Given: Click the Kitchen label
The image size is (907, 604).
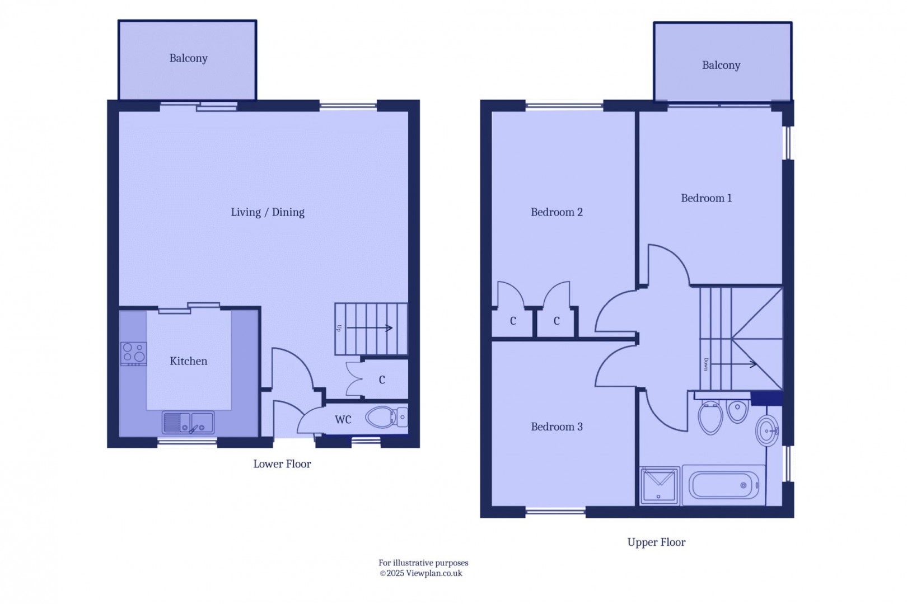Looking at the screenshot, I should click(188, 361).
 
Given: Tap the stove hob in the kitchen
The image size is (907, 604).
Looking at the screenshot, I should click(134, 353).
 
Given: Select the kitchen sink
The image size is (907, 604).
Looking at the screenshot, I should click(188, 423).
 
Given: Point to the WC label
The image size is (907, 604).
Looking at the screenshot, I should click(343, 419).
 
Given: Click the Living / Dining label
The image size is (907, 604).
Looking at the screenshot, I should click(268, 212).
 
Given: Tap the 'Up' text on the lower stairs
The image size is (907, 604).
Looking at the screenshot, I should click(339, 328).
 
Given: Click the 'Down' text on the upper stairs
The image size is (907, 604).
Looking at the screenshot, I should click(706, 364).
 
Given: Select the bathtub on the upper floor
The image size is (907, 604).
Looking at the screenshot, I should click(723, 485).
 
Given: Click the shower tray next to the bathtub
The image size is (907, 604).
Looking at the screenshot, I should click(659, 485).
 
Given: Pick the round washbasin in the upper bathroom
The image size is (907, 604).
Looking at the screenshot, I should click(767, 430).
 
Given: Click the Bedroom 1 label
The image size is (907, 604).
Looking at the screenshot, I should click(706, 198).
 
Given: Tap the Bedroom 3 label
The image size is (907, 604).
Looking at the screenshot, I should click(557, 427).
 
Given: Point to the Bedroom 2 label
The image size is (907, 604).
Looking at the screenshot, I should click(557, 212).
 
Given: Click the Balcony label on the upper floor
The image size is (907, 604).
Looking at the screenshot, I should click(721, 65).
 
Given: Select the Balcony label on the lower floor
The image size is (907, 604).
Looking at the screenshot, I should click(188, 58).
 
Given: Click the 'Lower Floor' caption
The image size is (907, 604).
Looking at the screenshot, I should click(282, 463).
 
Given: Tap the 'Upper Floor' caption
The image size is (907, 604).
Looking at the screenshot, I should click(656, 542).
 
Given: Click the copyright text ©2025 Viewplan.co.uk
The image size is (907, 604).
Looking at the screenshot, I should click(421, 573).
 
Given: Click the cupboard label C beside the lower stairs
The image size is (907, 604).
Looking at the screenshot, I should click(382, 380).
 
